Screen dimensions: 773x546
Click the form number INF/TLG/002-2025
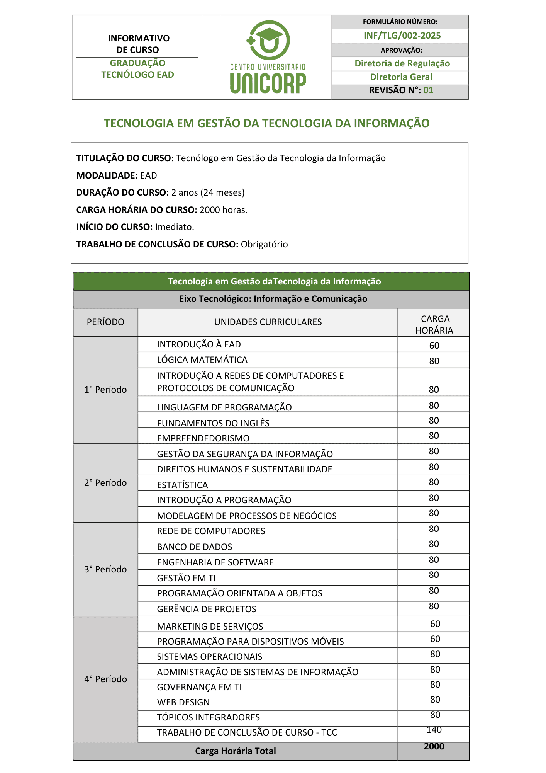pos(402,36)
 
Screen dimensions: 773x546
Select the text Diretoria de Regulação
pos(402,63)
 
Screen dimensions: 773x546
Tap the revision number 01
pos(428,90)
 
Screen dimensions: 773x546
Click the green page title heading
pos(266,123)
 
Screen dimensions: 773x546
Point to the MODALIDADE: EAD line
pos(117,175)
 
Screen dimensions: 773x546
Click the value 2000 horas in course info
pos(223,210)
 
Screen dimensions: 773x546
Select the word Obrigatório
pos(264,244)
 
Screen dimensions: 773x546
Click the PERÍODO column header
pos(105,322)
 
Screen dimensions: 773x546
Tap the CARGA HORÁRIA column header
pos(434,324)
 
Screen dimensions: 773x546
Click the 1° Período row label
pos(105,390)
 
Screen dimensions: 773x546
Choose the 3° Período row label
pos(105,569)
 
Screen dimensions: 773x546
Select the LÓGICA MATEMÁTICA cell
pos(202,360)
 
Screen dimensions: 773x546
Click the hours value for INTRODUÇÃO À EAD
pos(434,346)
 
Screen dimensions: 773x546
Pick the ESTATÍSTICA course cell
pos(182,485)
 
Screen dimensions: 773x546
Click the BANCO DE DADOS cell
pos(195,547)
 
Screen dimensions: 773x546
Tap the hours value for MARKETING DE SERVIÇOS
pos(435,624)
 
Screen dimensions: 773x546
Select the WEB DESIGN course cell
pos(183,702)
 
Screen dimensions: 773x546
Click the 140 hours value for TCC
pos(434,730)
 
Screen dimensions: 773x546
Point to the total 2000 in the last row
pos(434,746)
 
